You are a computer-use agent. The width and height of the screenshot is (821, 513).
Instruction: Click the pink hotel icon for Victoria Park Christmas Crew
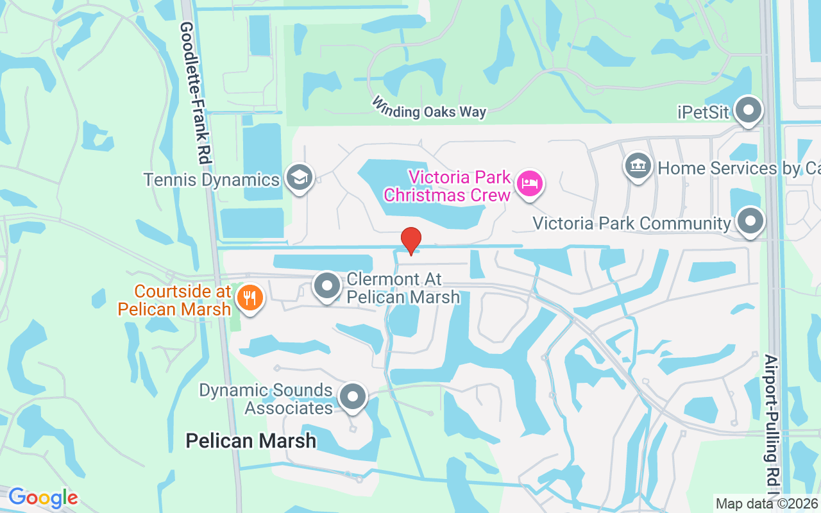pos(530,184)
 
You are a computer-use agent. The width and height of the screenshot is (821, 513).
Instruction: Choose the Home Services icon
pos(638,167)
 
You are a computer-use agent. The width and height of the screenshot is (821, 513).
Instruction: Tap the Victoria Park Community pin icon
pos(749,222)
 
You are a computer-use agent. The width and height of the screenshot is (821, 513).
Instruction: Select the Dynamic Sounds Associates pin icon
pos(352,397)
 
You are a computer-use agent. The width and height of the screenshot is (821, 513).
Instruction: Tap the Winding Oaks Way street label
pos(428,108)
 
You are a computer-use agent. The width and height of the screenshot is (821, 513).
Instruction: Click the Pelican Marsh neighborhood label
pos(251,441)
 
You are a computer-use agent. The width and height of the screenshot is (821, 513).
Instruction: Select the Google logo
pos(43,498)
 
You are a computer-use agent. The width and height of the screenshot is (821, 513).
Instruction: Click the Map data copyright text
pos(767,503)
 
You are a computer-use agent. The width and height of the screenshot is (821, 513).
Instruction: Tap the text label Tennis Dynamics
pos(212,179)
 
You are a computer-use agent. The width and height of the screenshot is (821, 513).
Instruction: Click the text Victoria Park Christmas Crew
pos(459,185)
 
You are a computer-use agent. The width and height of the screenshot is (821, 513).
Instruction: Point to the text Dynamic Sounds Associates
pos(266,399)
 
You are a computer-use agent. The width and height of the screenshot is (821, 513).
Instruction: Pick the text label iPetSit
pos(704,112)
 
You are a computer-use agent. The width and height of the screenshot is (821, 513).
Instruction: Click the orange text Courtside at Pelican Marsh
pos(174,300)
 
